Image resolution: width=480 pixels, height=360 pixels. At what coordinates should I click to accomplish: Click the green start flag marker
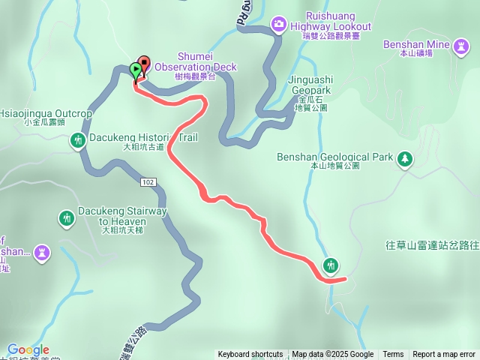[x=135, y=70]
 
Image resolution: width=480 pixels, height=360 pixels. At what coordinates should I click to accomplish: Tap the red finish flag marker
[x=143, y=64]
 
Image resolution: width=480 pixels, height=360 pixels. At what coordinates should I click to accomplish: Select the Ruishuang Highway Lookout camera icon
[x=279, y=25]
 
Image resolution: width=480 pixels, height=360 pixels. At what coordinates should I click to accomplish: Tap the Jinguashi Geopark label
[x=312, y=92]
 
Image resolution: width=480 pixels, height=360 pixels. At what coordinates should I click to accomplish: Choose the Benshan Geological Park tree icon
[x=404, y=158]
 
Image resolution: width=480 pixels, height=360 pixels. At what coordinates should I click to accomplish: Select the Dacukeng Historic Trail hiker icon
[x=78, y=140]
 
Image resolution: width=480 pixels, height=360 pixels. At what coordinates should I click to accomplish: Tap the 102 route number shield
[x=147, y=181]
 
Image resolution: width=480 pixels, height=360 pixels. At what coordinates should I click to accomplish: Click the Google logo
[x=28, y=349]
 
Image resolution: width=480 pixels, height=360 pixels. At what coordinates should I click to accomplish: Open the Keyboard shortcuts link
[x=250, y=355]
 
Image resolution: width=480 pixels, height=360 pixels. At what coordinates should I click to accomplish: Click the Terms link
[x=393, y=355]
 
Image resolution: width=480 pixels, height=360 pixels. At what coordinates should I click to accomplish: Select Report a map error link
[x=444, y=355]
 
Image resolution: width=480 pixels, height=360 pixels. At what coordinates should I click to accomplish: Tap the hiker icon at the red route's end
[x=331, y=265]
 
